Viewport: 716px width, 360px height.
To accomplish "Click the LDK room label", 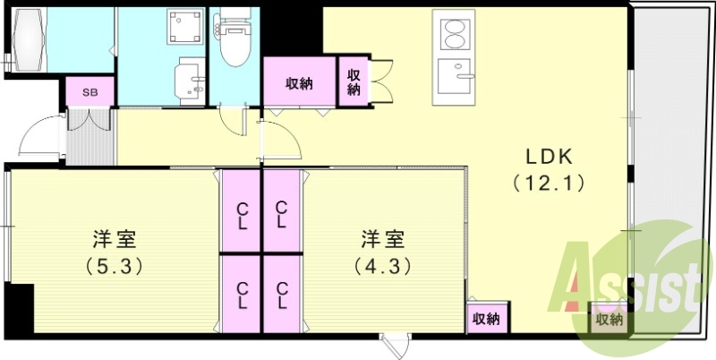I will click(548, 154).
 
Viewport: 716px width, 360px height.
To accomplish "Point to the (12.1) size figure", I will click(548, 184).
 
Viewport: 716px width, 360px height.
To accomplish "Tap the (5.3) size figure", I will click(114, 266).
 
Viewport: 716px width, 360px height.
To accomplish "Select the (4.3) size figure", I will click(382, 266).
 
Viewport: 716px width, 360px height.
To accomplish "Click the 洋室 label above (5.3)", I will click(114, 239).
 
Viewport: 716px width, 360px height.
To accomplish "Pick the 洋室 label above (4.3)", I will click(382, 239).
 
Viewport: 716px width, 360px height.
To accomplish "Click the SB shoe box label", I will click(89, 91).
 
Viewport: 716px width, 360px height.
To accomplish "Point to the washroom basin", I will click(189, 78).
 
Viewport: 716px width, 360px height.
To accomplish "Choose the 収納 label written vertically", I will click(353, 82).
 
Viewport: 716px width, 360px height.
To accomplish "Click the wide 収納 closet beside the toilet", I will click(299, 83).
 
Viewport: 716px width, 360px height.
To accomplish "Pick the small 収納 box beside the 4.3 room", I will click(486, 319).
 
